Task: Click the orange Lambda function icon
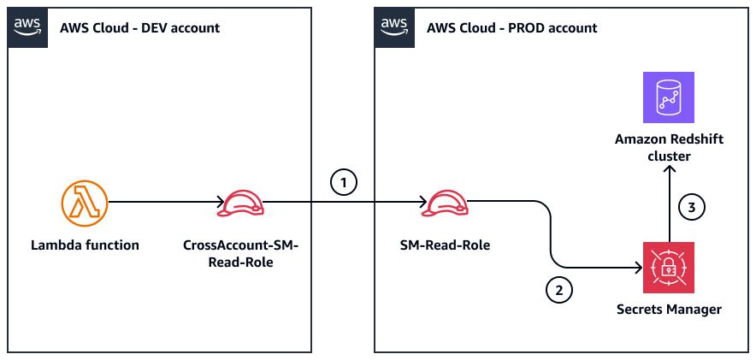[86, 204]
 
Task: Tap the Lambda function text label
[86, 246]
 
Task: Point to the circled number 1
[342, 182]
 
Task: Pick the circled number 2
[558, 290]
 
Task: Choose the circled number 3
[691, 206]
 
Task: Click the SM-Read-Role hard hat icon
[446, 204]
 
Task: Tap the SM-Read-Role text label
[446, 246]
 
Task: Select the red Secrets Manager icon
[669, 268]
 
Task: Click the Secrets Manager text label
[669, 310]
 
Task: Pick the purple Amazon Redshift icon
[669, 97]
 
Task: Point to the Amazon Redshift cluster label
[669, 148]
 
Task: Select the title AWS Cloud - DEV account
[139, 28]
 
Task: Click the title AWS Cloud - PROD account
[511, 28]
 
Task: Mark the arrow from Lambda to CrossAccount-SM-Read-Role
[162, 204]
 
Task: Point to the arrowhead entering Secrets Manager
[637, 268]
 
